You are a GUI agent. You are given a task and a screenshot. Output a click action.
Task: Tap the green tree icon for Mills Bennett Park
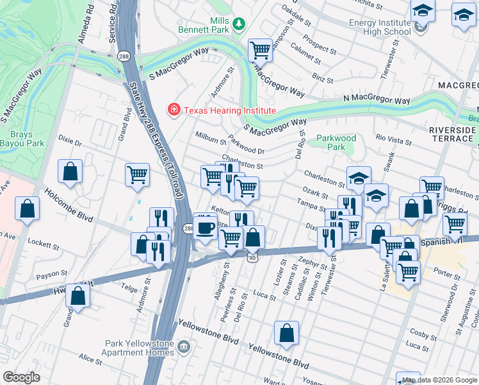coord(239,24)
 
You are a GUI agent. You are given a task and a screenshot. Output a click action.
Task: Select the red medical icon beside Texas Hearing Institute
coord(173,110)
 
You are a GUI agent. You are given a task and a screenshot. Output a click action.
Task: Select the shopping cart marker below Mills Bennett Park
coord(260,49)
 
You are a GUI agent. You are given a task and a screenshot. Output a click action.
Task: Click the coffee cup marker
coord(205,227)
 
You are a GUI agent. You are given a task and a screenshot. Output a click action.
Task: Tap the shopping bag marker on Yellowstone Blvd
coord(286,333)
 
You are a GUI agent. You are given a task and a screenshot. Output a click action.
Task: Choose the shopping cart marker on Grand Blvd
coord(137,175)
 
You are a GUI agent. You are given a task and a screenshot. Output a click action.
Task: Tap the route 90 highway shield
coord(252,257)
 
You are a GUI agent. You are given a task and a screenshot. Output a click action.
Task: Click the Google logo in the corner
coord(21,377)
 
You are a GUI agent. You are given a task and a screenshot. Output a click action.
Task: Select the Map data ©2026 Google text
coord(439,380)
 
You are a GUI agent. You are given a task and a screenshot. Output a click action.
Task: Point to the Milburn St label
coord(211,141)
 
